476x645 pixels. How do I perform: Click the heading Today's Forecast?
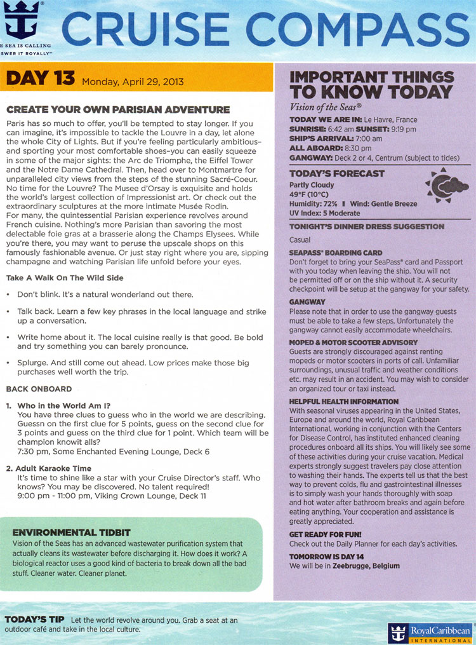[x=336, y=173]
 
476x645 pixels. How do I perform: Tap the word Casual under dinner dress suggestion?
[x=300, y=240]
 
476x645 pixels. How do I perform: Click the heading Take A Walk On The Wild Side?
[x=65, y=278]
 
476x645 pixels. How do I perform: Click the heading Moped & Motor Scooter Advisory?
[x=353, y=343]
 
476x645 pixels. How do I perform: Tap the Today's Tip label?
[x=35, y=619]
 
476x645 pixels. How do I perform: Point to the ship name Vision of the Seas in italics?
[x=325, y=107]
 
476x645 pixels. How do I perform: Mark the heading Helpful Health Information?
[x=343, y=402]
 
